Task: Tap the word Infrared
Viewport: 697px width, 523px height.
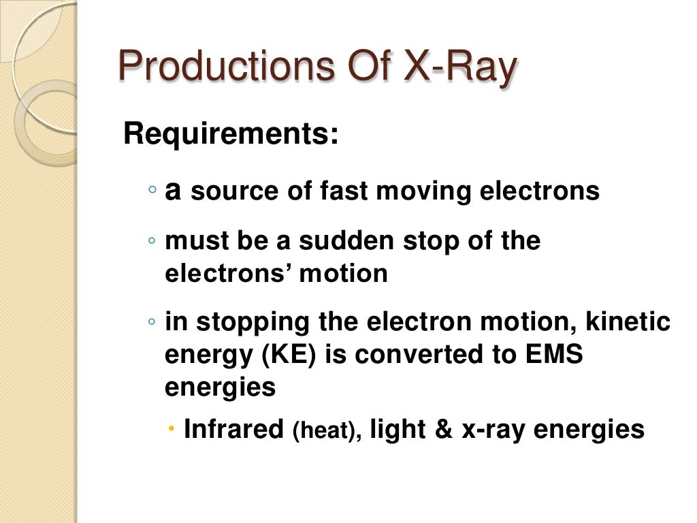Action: [233, 429]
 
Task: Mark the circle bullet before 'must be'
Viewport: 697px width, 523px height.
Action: [154, 241]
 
